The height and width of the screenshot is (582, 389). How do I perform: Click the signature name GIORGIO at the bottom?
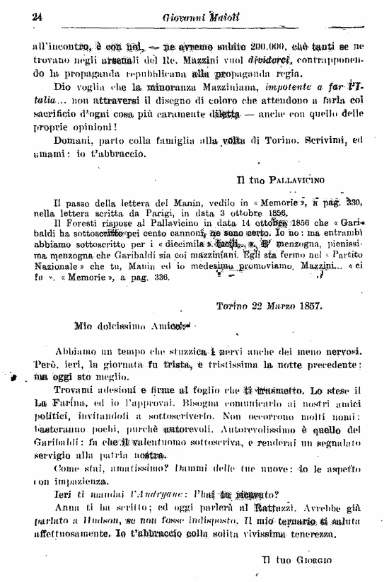(x=314, y=561)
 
